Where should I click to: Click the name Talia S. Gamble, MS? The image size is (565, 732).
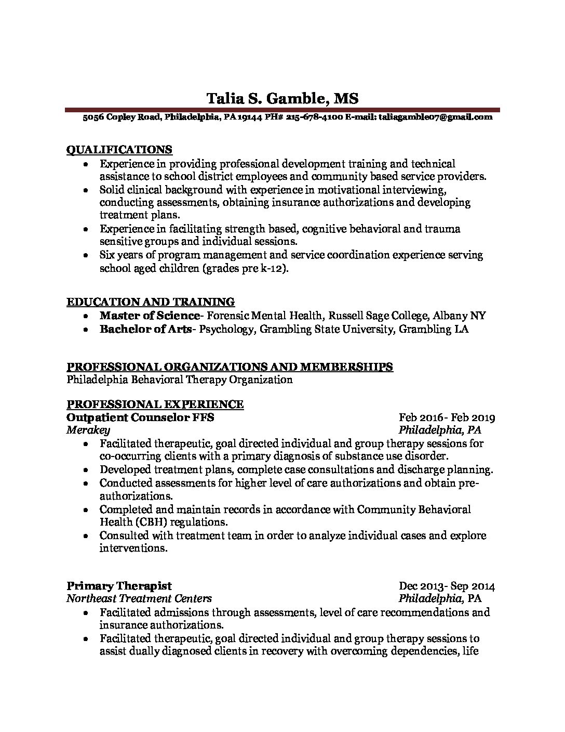tap(282, 98)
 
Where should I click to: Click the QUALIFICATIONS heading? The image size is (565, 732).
tap(119, 150)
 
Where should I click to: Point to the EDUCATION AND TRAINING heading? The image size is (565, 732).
tap(151, 302)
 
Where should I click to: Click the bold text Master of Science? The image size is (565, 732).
tap(150, 316)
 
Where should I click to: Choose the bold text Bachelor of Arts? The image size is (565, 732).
tap(145, 329)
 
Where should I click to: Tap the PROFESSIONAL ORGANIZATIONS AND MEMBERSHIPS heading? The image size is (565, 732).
tap(230, 367)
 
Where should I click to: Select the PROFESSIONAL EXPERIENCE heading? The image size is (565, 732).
tap(155, 404)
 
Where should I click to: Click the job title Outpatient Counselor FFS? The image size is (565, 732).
tap(140, 417)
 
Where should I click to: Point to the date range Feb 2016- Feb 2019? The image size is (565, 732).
tap(447, 417)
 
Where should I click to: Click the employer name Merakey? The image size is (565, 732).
tap(88, 430)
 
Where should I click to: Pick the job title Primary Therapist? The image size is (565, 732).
tap(119, 586)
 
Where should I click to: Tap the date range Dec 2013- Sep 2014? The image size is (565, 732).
tap(447, 586)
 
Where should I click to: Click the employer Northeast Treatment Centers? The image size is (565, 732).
tap(139, 598)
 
